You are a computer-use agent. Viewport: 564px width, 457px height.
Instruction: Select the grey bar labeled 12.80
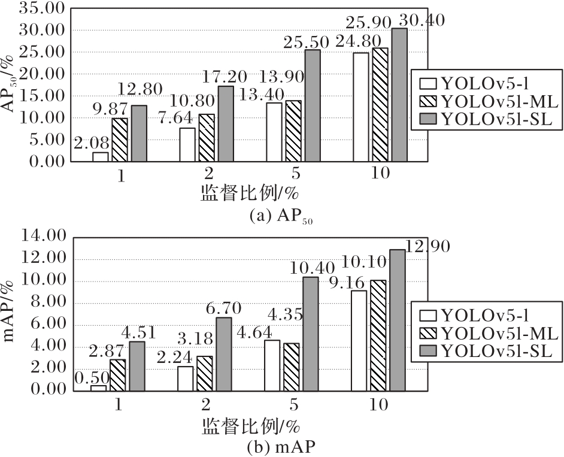click(139, 134)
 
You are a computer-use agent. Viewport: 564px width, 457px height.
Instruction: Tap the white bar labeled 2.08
click(101, 157)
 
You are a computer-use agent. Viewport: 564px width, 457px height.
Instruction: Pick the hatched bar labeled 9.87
click(120, 140)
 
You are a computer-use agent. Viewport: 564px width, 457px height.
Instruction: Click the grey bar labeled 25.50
click(313, 105)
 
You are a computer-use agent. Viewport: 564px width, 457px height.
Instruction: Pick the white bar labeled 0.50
click(98, 388)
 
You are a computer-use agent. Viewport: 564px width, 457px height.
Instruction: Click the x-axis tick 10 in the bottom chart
click(379, 405)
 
